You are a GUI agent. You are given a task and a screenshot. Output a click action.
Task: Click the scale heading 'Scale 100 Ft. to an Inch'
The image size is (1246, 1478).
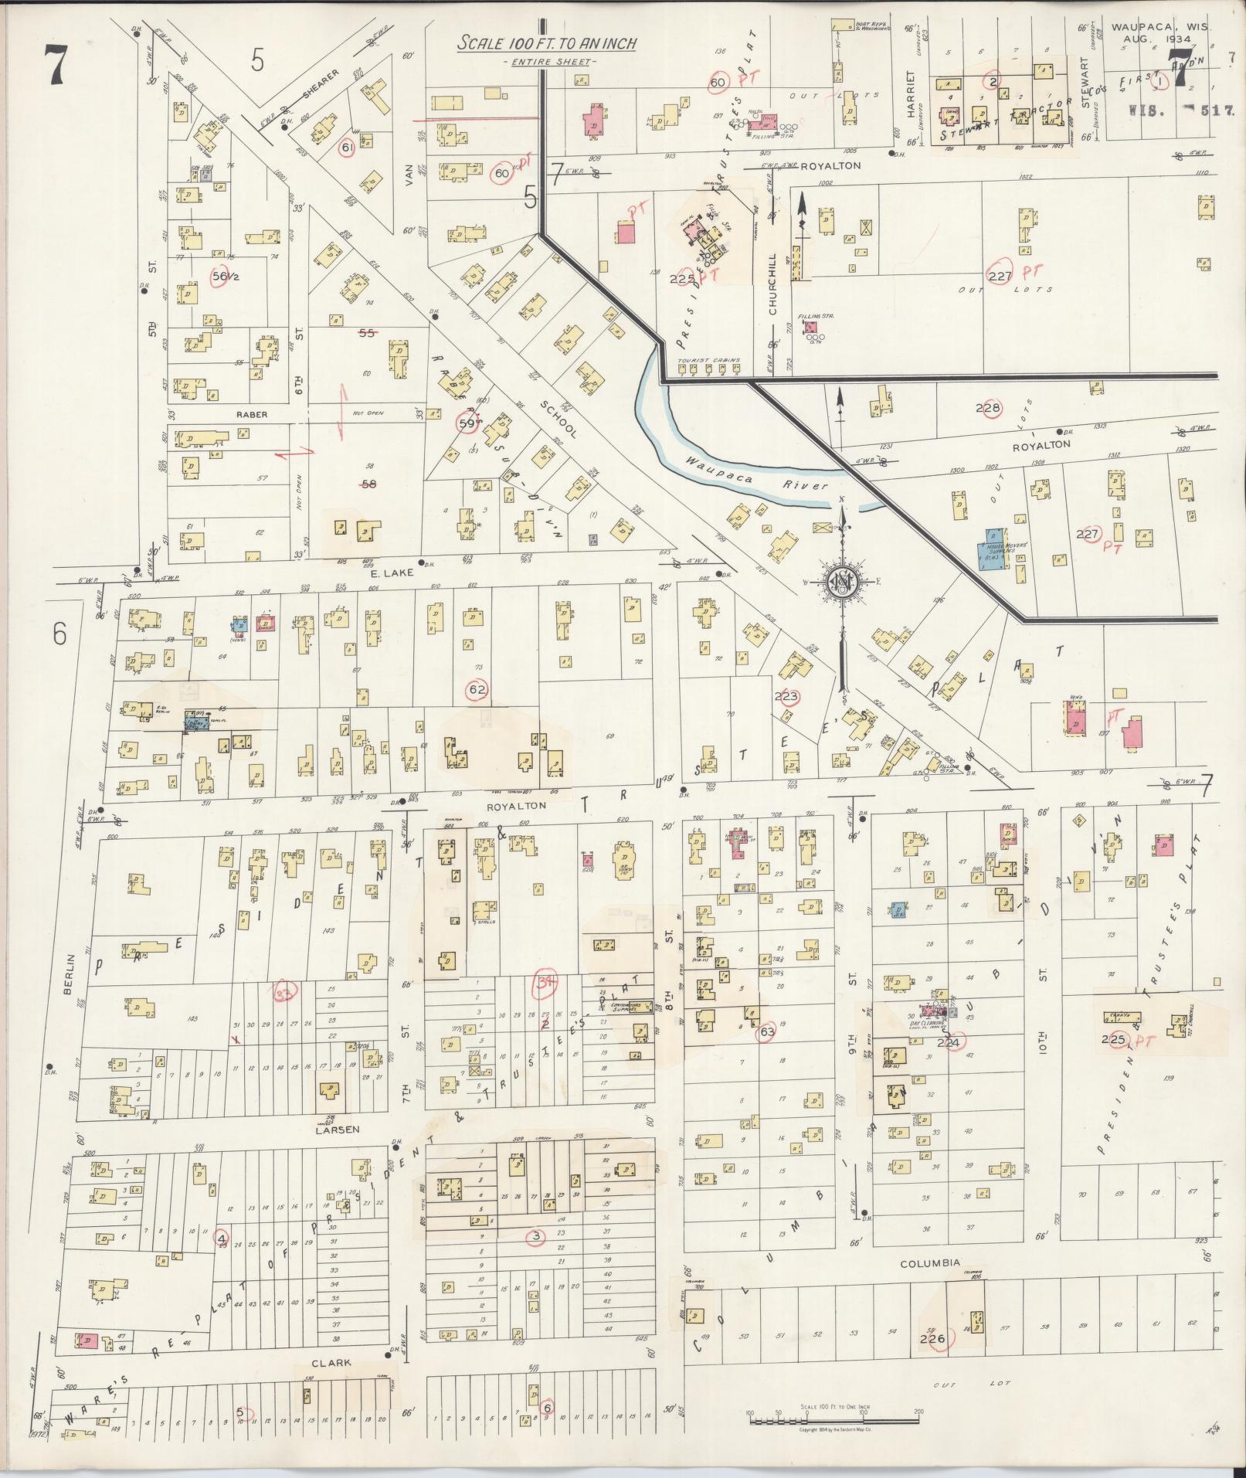point(546,43)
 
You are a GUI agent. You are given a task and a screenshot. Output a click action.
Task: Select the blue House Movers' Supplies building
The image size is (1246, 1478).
point(995,548)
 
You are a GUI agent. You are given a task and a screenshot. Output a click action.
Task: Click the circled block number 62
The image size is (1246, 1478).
point(477,688)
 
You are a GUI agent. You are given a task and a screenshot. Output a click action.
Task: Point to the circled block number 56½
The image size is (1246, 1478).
point(223,276)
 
